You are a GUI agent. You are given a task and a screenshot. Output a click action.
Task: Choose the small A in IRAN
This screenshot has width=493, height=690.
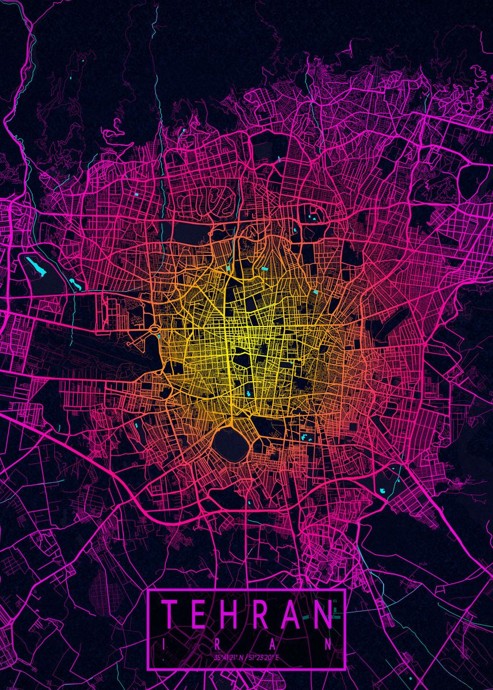[x=273, y=645]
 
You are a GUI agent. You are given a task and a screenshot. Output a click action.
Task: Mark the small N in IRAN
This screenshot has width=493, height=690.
[x=328, y=645]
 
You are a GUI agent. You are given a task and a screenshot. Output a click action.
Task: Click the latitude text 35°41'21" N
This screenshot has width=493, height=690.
[x=228, y=657]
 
